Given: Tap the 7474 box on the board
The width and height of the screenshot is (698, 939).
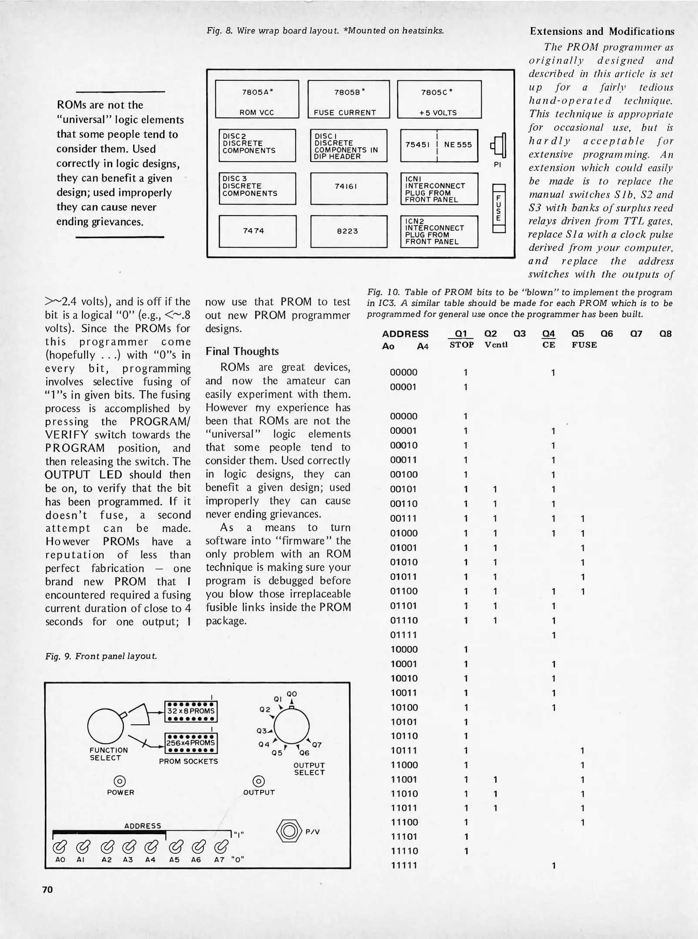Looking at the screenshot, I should click(x=257, y=231).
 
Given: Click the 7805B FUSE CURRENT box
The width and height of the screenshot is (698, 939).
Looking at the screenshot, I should click(x=349, y=99).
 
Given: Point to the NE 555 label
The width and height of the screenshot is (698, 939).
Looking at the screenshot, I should click(x=458, y=145).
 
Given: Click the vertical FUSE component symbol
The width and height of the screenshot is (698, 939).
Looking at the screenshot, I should click(x=498, y=208).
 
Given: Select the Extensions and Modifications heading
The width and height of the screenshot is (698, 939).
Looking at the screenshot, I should click(x=602, y=31).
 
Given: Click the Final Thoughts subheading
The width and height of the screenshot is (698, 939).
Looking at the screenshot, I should click(x=242, y=351).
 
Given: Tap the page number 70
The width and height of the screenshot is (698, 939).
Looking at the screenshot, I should click(x=47, y=889).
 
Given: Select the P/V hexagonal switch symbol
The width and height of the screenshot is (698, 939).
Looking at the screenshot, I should click(x=289, y=831).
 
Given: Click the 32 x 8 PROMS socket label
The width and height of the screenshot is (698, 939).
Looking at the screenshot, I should click(x=191, y=711).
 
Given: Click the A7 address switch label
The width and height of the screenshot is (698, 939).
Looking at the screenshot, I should click(x=219, y=859).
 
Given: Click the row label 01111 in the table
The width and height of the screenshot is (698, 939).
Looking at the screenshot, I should click(x=403, y=635).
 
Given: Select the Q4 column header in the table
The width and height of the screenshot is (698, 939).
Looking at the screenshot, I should click(x=548, y=333).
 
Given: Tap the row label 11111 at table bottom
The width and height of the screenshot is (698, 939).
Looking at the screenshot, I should click(x=404, y=865).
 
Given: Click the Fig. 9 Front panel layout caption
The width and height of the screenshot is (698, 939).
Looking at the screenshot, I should click(x=101, y=656).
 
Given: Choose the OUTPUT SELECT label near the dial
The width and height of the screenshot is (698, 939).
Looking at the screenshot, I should click(x=309, y=769).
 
